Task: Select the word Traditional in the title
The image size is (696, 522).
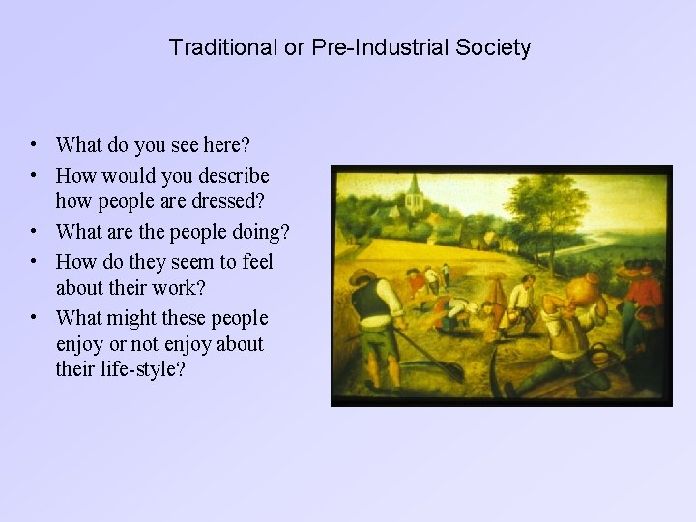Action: (221, 47)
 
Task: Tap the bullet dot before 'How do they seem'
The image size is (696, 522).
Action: (34, 262)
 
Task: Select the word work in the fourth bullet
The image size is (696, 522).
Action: (175, 288)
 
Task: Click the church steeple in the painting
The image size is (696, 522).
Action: (414, 193)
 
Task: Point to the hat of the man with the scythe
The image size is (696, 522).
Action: (363, 277)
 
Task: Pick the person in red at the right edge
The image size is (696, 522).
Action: (647, 290)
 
